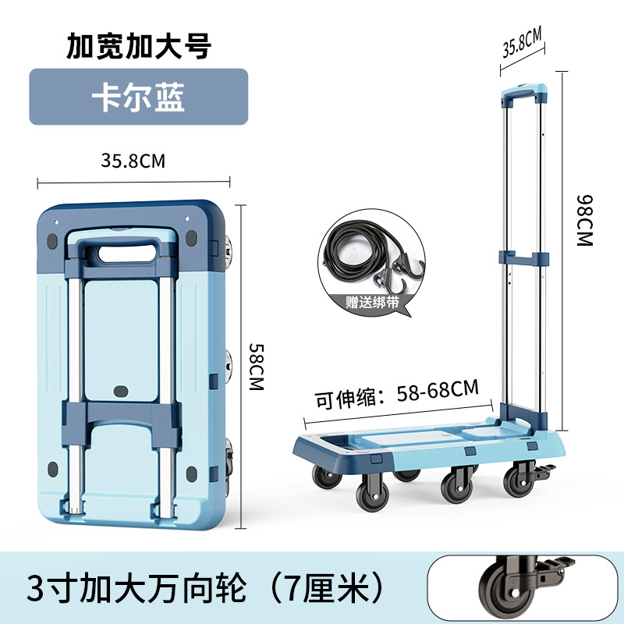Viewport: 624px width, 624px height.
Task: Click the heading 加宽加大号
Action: (139, 46)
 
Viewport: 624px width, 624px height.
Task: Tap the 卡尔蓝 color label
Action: (138, 97)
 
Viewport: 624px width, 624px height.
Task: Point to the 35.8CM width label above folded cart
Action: (133, 161)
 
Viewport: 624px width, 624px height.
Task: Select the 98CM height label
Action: (584, 221)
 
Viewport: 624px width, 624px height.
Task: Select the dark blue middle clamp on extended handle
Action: (523, 258)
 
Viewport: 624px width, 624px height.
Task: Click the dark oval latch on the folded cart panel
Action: (121, 392)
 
